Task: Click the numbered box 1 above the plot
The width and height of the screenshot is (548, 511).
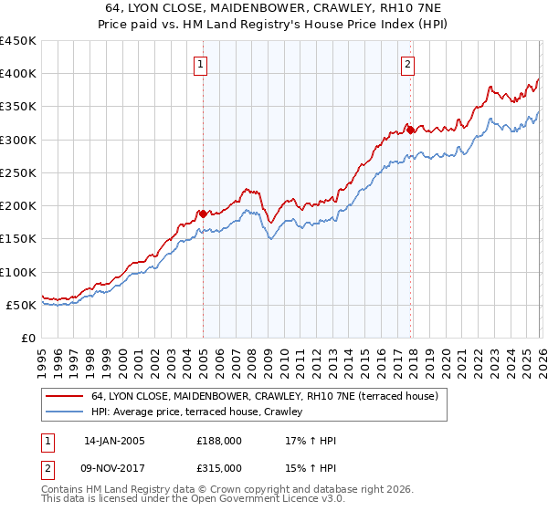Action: coord(199,64)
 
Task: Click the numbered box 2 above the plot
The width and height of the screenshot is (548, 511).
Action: coord(406,64)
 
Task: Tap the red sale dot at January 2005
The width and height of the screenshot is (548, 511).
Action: coord(203,214)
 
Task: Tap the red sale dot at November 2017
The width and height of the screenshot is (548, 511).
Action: coord(410,130)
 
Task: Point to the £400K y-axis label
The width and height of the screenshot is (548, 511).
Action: coord(18,74)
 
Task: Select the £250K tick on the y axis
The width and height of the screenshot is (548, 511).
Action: coord(18,172)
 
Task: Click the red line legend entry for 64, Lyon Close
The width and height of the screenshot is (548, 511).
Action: coord(265,396)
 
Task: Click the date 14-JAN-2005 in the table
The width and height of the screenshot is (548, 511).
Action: coord(114,441)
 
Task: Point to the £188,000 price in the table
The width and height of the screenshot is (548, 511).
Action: coord(219,441)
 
